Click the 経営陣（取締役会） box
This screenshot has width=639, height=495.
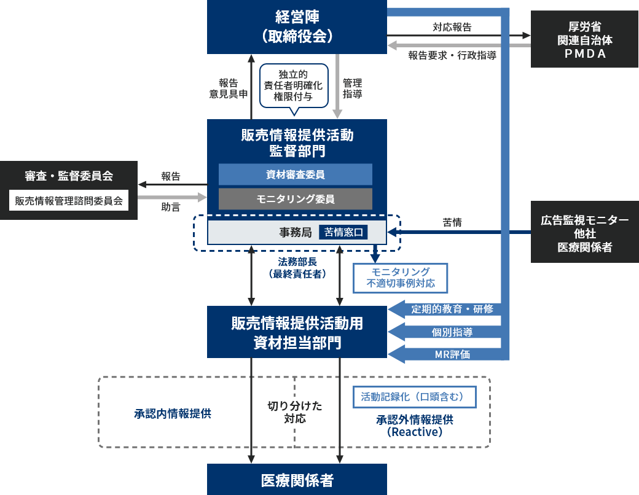pyautogui.click(x=297, y=27)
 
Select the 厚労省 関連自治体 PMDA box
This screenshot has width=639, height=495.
pyautogui.click(x=584, y=39)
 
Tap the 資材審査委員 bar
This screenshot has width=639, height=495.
pyautogui.click(x=296, y=174)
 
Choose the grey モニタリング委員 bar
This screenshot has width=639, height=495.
pyautogui.click(x=296, y=199)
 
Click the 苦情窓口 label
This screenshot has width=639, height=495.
pyautogui.click(x=343, y=232)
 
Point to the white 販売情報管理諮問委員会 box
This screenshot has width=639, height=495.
pyautogui.click(x=69, y=200)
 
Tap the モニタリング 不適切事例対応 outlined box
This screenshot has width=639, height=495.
pyautogui.click(x=400, y=278)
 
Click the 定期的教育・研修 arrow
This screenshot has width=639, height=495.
pyautogui.click(x=445, y=310)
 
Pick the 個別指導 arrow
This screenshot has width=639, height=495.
pyautogui.click(x=445, y=332)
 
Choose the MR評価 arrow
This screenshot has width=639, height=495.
pyautogui.click(x=445, y=354)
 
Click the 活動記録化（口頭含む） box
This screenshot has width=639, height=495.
pyautogui.click(x=415, y=397)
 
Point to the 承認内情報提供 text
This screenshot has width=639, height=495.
pyautogui.click(x=173, y=413)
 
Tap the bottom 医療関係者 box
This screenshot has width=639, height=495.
pyautogui.click(x=297, y=480)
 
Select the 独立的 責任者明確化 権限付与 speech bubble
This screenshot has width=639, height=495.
pyautogui.click(x=294, y=87)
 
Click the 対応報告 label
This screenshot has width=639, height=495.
pyautogui.click(x=452, y=27)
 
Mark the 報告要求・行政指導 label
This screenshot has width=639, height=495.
pyautogui.click(x=452, y=55)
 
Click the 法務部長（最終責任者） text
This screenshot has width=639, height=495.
pyautogui.click(x=297, y=268)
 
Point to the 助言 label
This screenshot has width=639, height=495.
pyautogui.click(x=170, y=207)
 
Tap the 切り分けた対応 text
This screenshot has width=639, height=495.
pyautogui.click(x=295, y=412)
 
